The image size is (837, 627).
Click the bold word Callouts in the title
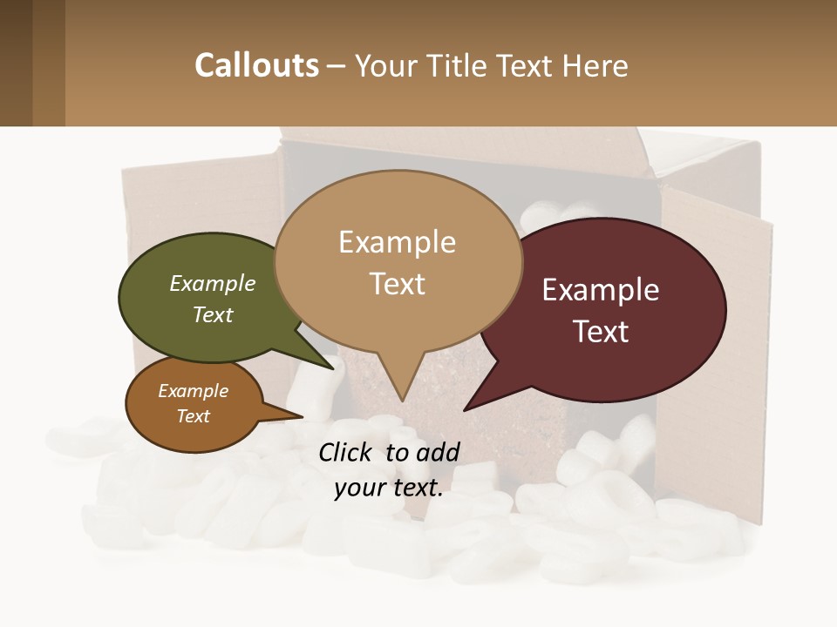256,65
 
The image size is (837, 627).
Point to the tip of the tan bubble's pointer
402,400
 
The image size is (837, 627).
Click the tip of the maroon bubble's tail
466,408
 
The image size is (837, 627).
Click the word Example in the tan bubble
397,242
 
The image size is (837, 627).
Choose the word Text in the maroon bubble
602,332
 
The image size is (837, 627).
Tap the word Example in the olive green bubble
213,283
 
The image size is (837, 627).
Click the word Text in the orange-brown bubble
194,416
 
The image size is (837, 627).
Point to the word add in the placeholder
438,452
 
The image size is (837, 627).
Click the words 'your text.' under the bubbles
389,488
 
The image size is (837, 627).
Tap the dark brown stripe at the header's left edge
16,63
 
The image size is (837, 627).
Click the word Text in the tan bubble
398,284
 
